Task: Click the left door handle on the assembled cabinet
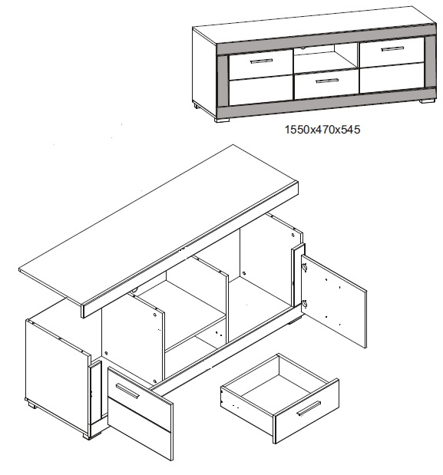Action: (261, 61)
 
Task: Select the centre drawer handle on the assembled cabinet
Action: (327, 81)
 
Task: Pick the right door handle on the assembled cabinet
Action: (392, 49)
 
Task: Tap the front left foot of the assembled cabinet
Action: (222, 120)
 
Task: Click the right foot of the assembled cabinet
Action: (427, 101)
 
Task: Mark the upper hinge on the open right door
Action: (304, 268)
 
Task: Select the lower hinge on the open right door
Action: (304, 304)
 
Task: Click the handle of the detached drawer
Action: (309, 409)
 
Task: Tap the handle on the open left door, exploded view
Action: (127, 391)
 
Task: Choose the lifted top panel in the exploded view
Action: (158, 231)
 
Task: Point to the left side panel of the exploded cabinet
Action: (58, 364)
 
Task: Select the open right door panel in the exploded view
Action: (334, 301)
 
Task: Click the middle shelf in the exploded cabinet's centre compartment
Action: (195, 332)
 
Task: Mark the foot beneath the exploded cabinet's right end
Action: (294, 321)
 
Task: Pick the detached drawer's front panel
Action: (306, 411)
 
